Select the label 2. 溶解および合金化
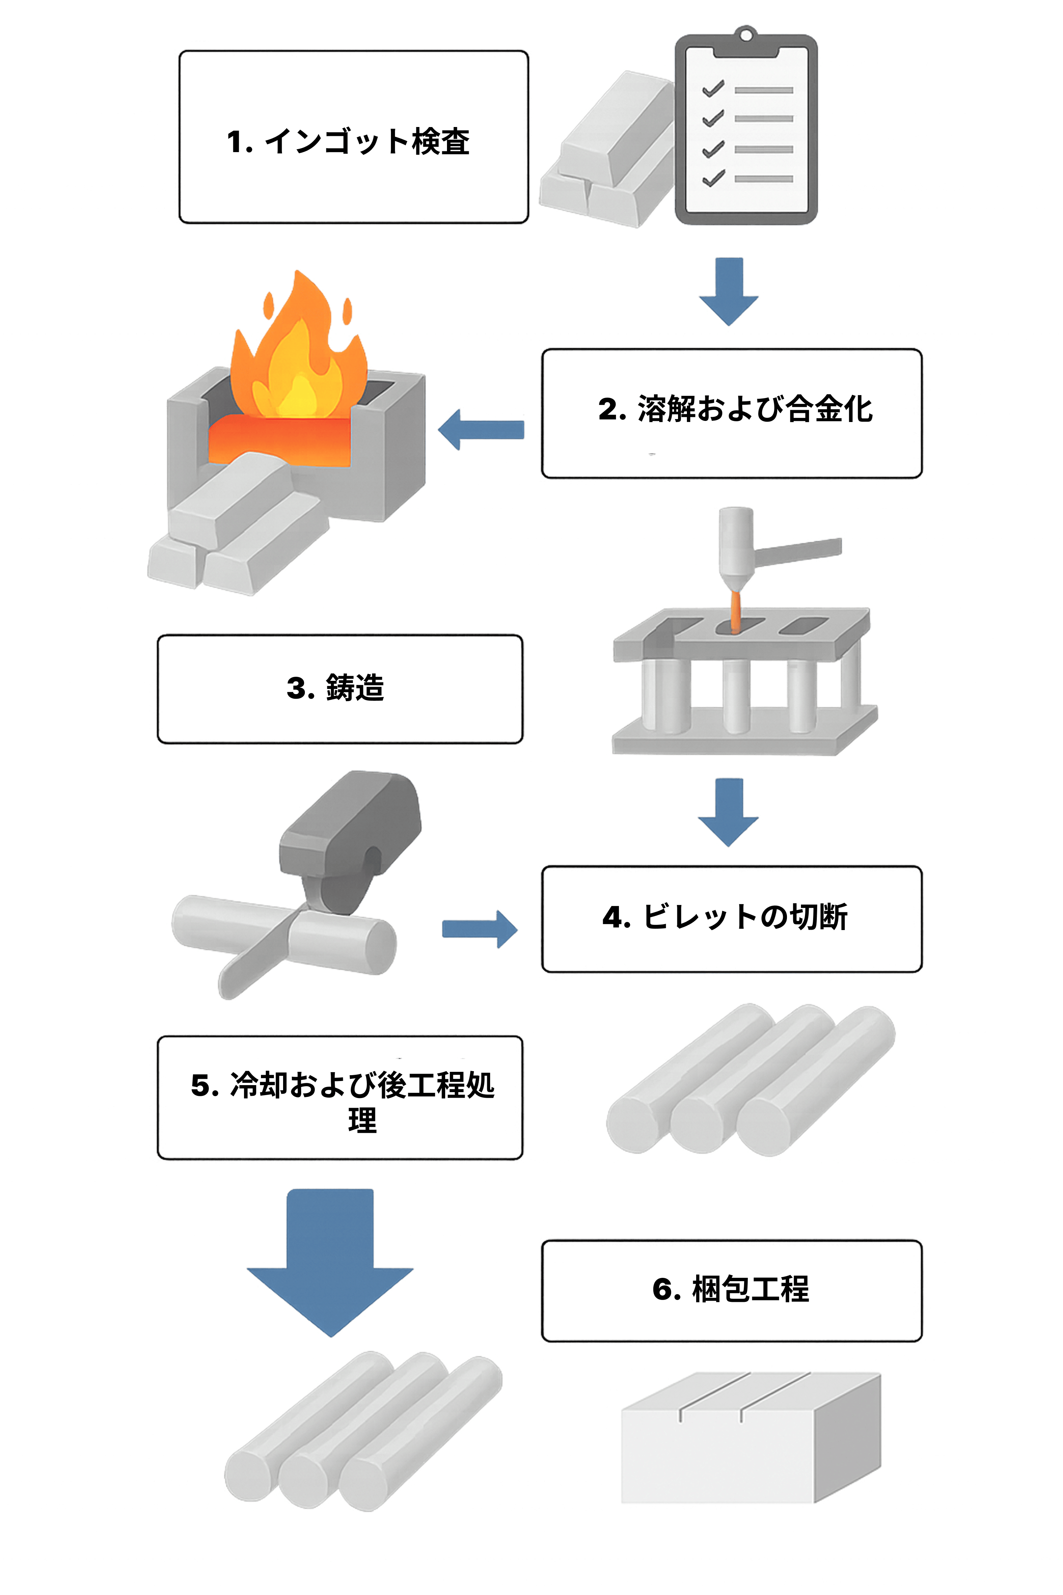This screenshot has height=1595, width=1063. point(736,409)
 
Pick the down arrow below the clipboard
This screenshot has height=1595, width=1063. point(729,292)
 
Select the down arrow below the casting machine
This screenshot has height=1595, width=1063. point(729,812)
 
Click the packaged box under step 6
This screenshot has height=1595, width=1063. point(751,1438)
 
